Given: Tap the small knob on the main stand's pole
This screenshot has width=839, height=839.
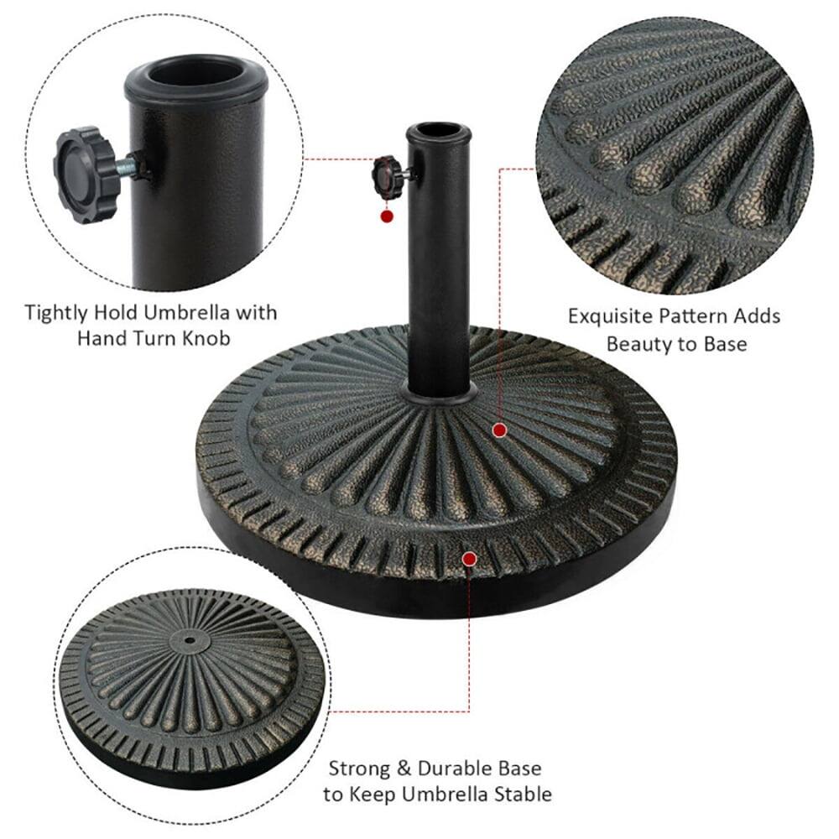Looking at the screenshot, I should click(384, 172).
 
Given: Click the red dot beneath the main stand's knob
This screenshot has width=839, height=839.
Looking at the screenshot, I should click(387, 216).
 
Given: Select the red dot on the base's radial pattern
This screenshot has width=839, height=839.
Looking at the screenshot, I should click(500, 430).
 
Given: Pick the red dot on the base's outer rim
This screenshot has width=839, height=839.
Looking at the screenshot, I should click(470, 558).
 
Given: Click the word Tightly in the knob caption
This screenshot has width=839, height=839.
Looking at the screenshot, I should click(57, 313).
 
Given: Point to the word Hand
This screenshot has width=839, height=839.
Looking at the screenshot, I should click(101, 338).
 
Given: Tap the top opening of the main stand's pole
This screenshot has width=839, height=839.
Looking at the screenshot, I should click(439, 133).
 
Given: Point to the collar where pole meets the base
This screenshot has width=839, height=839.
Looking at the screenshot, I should click(439, 390).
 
